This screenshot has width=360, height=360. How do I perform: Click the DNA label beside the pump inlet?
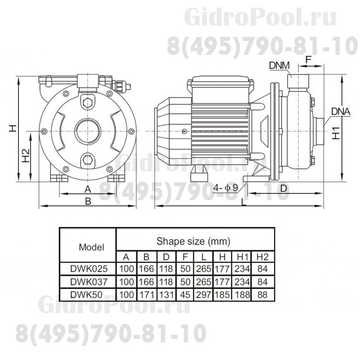point(341,110)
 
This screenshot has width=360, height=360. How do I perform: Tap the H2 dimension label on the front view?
point(25,156)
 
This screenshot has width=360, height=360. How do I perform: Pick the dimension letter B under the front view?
point(89,201)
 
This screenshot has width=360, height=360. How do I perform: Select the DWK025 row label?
point(89,269)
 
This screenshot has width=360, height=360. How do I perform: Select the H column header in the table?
point(223,257)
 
